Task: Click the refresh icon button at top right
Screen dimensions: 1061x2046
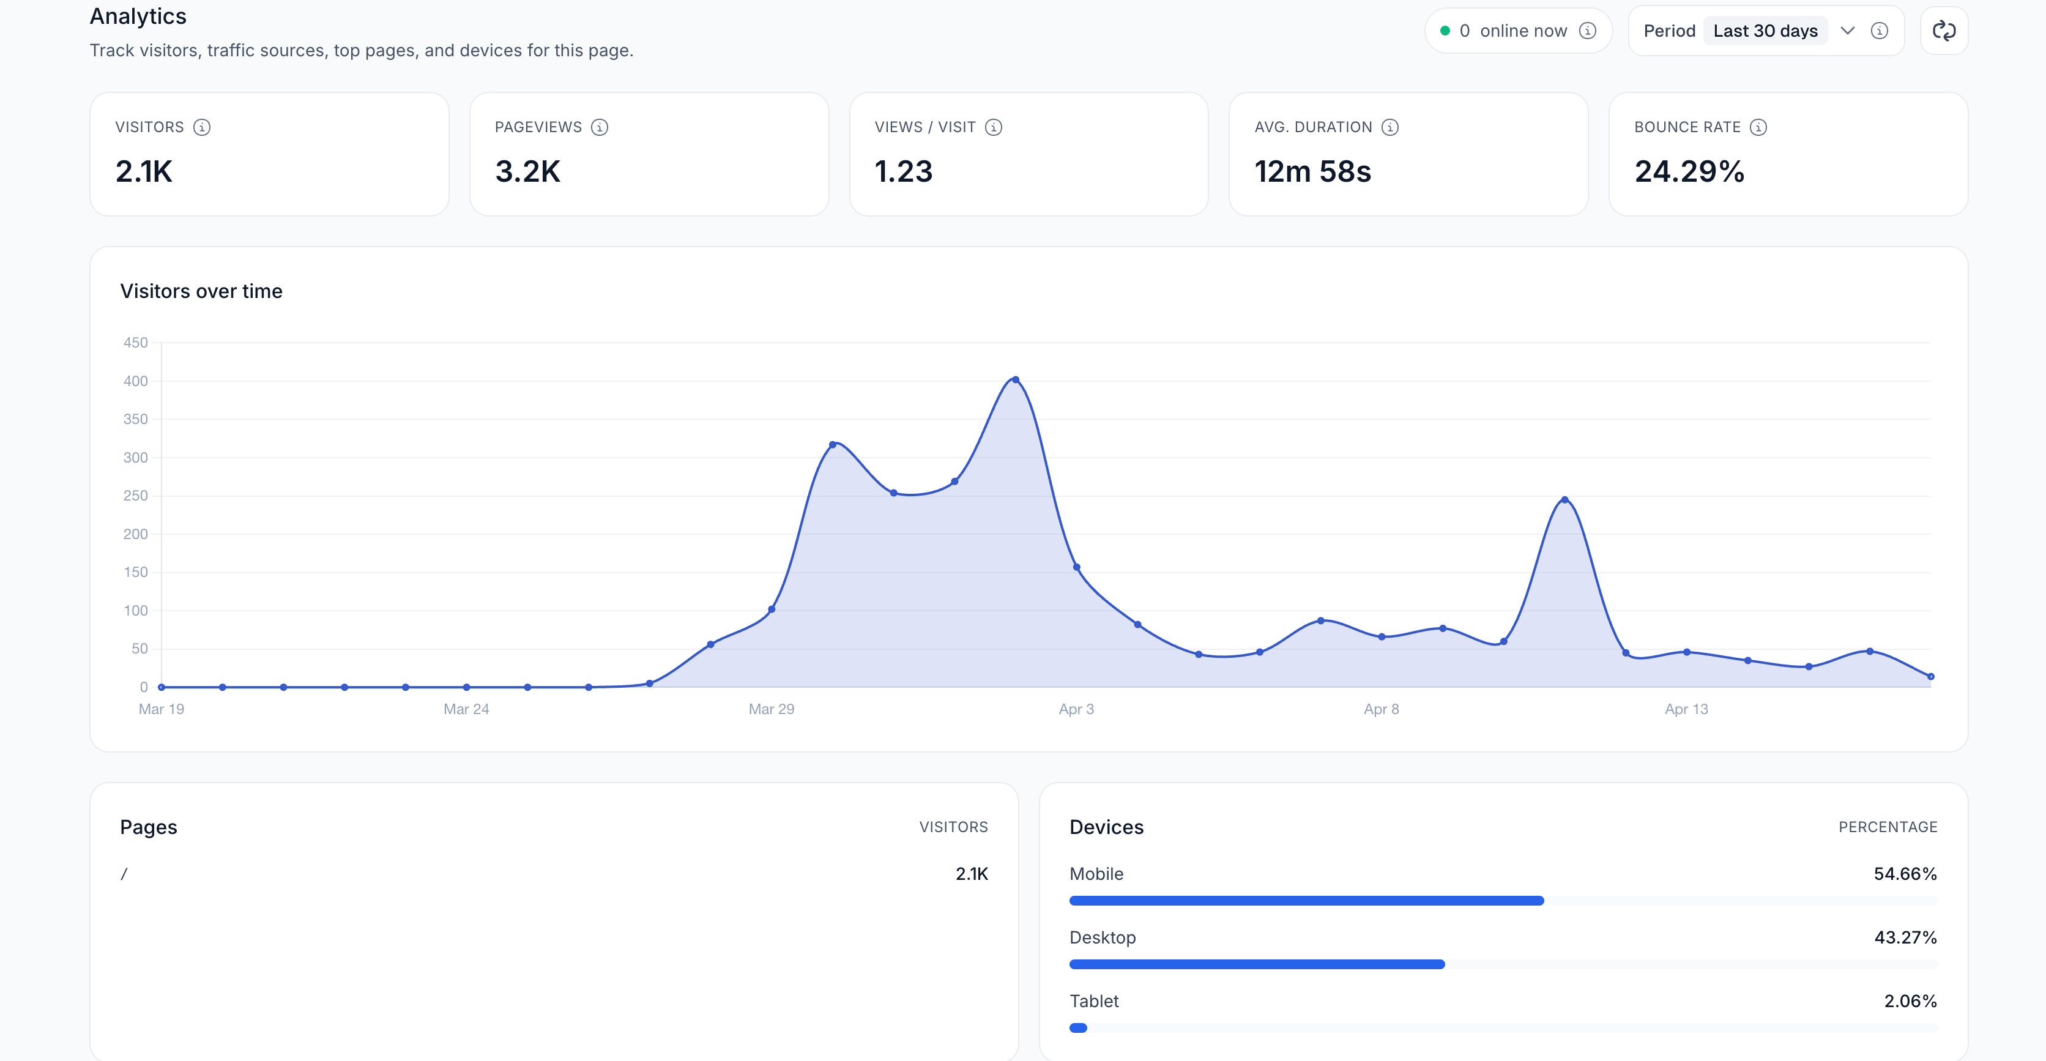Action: tap(1944, 31)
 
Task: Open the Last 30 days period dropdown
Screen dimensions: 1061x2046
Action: tap(1779, 31)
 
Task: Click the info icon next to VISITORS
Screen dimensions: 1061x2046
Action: tap(202, 127)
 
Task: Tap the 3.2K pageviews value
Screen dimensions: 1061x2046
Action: tap(527, 171)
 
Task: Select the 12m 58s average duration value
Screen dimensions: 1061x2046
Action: tap(1312, 171)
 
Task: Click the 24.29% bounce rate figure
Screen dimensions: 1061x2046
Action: tap(1689, 171)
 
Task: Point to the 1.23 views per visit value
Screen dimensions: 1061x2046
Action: tap(903, 171)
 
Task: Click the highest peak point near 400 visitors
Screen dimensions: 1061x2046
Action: tap(1015, 379)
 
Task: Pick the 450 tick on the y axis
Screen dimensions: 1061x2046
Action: tap(135, 342)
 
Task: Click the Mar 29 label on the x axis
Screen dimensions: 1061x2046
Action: tap(771, 709)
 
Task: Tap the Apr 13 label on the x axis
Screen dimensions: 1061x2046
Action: tap(1686, 709)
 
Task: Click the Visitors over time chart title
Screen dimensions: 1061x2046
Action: tap(201, 291)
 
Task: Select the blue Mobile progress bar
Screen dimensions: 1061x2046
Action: tap(1306, 901)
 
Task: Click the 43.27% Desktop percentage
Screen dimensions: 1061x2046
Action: tap(1905, 937)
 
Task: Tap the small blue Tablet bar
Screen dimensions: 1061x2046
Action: tap(1078, 1027)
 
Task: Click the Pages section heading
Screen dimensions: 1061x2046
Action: tap(149, 827)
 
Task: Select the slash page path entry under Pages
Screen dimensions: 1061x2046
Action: tap(124, 874)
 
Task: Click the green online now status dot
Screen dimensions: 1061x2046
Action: tap(1445, 31)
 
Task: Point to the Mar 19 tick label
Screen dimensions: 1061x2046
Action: tap(162, 709)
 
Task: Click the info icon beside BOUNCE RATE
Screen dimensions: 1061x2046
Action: tap(1758, 127)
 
